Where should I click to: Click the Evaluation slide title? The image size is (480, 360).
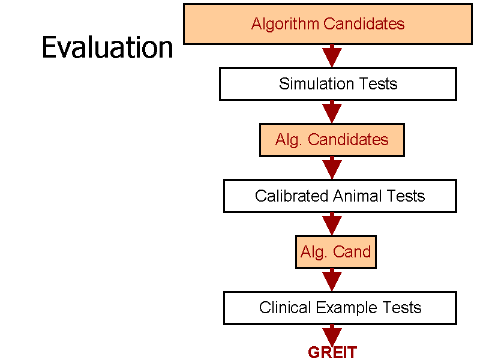(x=107, y=47)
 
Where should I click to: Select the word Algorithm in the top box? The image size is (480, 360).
(x=286, y=24)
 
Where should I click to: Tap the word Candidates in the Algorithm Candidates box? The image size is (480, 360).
(x=364, y=23)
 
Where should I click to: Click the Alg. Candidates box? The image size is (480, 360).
(x=332, y=140)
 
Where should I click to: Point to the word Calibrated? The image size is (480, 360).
(x=292, y=196)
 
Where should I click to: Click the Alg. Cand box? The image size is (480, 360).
(x=336, y=252)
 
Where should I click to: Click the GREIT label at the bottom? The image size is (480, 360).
(x=332, y=352)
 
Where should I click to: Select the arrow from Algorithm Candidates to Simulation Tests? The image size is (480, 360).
(x=332, y=56)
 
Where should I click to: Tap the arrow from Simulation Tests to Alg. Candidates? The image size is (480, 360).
(x=332, y=112)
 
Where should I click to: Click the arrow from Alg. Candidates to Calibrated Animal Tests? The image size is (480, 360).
(x=332, y=168)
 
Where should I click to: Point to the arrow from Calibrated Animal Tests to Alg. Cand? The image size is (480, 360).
(x=332, y=224)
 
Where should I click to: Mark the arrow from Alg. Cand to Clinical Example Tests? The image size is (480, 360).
(x=332, y=280)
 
